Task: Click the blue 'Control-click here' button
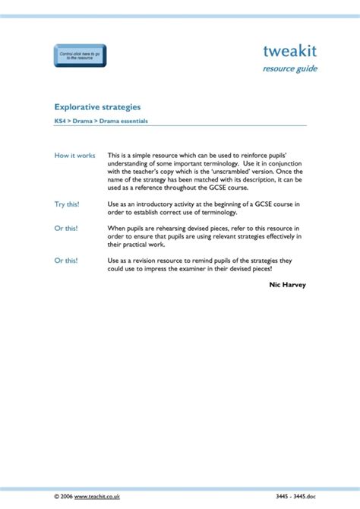tap(80, 56)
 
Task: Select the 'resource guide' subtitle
tap(289, 69)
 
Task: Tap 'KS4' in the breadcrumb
tap(59, 121)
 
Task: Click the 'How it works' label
tap(74, 156)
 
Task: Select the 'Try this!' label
tap(66, 204)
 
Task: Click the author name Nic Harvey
tap(287, 284)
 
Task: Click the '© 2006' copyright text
tap(64, 495)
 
